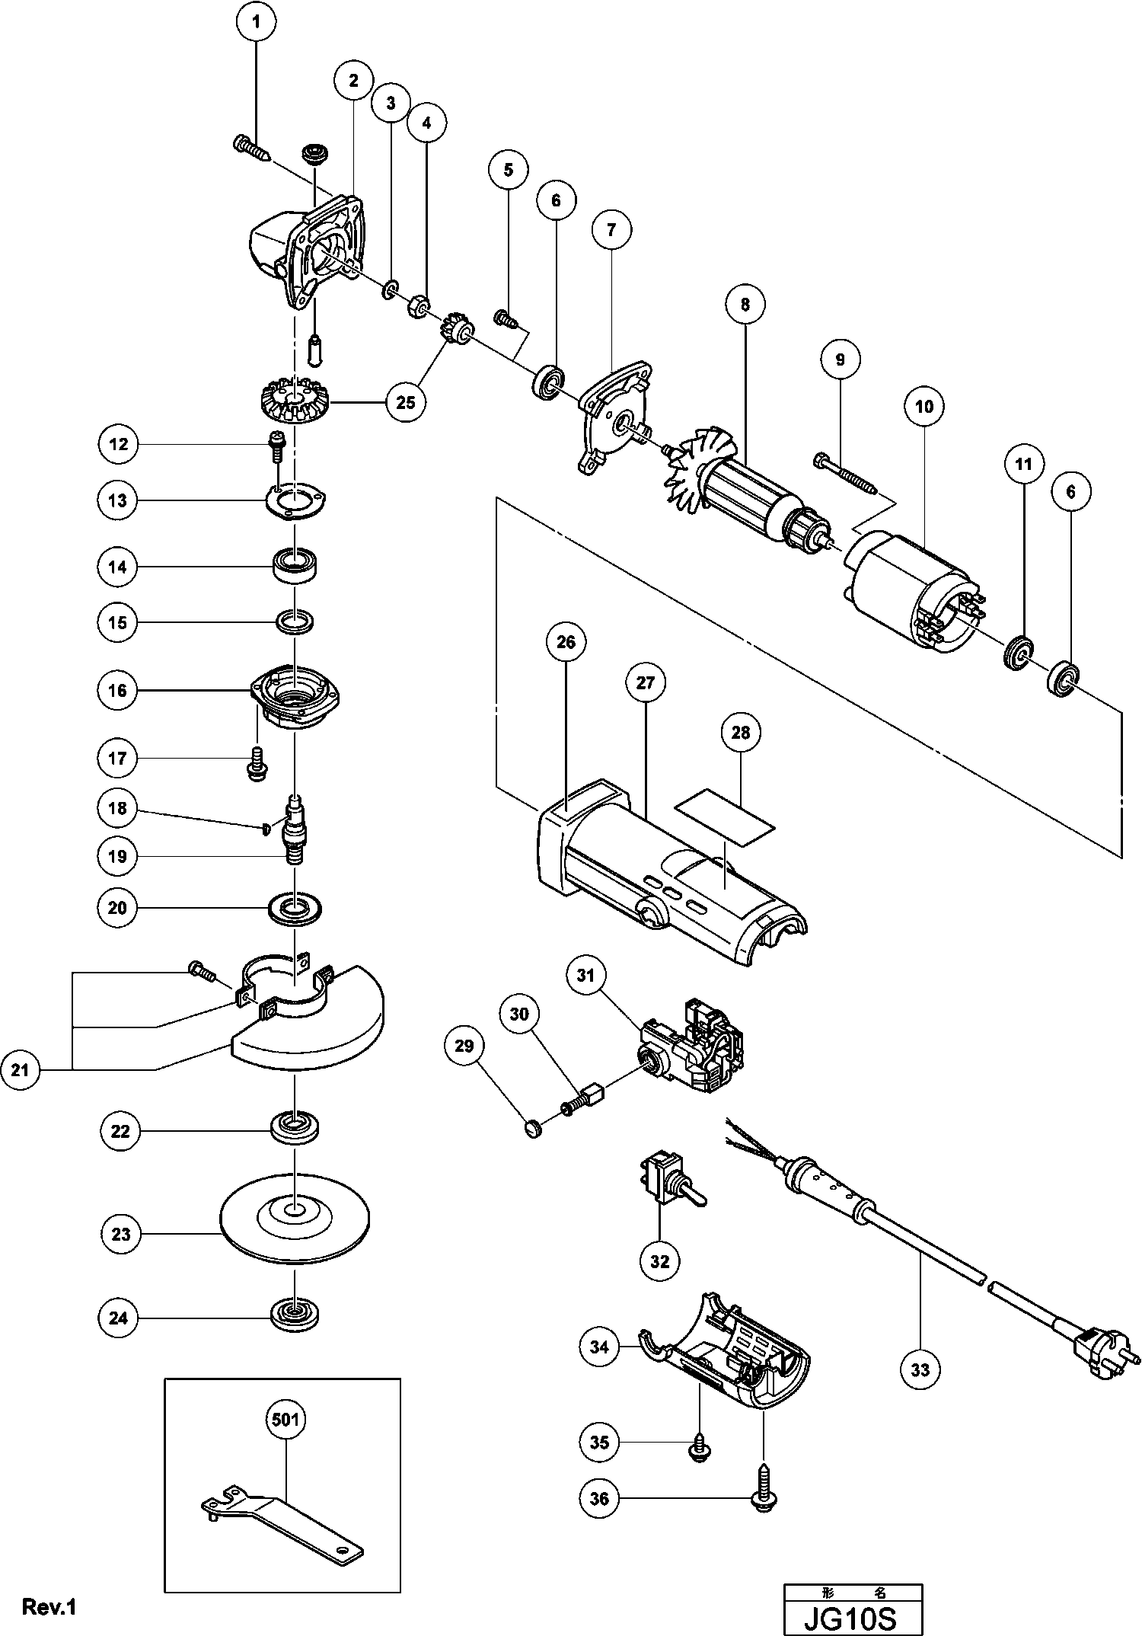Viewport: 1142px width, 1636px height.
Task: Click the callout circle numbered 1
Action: click(256, 22)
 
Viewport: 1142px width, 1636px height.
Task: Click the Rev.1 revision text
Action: click(49, 1606)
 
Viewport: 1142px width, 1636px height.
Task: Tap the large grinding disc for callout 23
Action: click(294, 1231)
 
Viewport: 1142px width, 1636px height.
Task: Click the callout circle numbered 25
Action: click(406, 401)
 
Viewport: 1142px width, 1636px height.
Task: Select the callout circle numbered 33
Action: click(920, 1369)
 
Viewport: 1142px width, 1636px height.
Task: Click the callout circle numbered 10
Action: click(923, 406)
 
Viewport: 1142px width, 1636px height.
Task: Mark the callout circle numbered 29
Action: click(464, 1046)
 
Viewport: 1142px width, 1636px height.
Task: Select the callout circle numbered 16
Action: click(117, 690)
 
